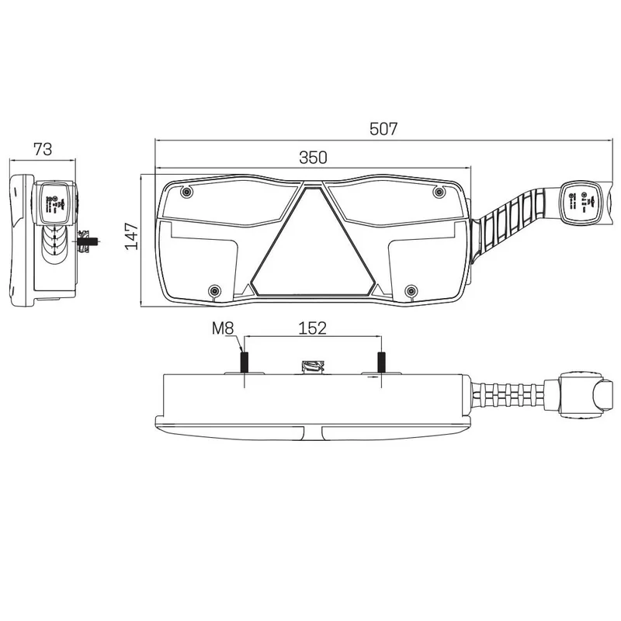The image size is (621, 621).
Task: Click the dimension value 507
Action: click(x=383, y=130)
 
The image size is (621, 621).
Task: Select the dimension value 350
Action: click(x=314, y=158)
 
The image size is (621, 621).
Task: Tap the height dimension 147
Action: click(x=131, y=236)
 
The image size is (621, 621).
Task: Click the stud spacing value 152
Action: click(x=312, y=328)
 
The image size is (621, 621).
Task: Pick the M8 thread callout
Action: click(x=223, y=328)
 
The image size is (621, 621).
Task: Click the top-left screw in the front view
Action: click(x=186, y=192)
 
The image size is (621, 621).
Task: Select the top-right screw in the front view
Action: click(x=439, y=192)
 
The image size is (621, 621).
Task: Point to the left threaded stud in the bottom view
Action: click(x=244, y=363)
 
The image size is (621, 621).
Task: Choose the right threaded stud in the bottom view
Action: click(x=381, y=363)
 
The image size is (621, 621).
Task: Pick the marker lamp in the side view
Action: click(x=56, y=203)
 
